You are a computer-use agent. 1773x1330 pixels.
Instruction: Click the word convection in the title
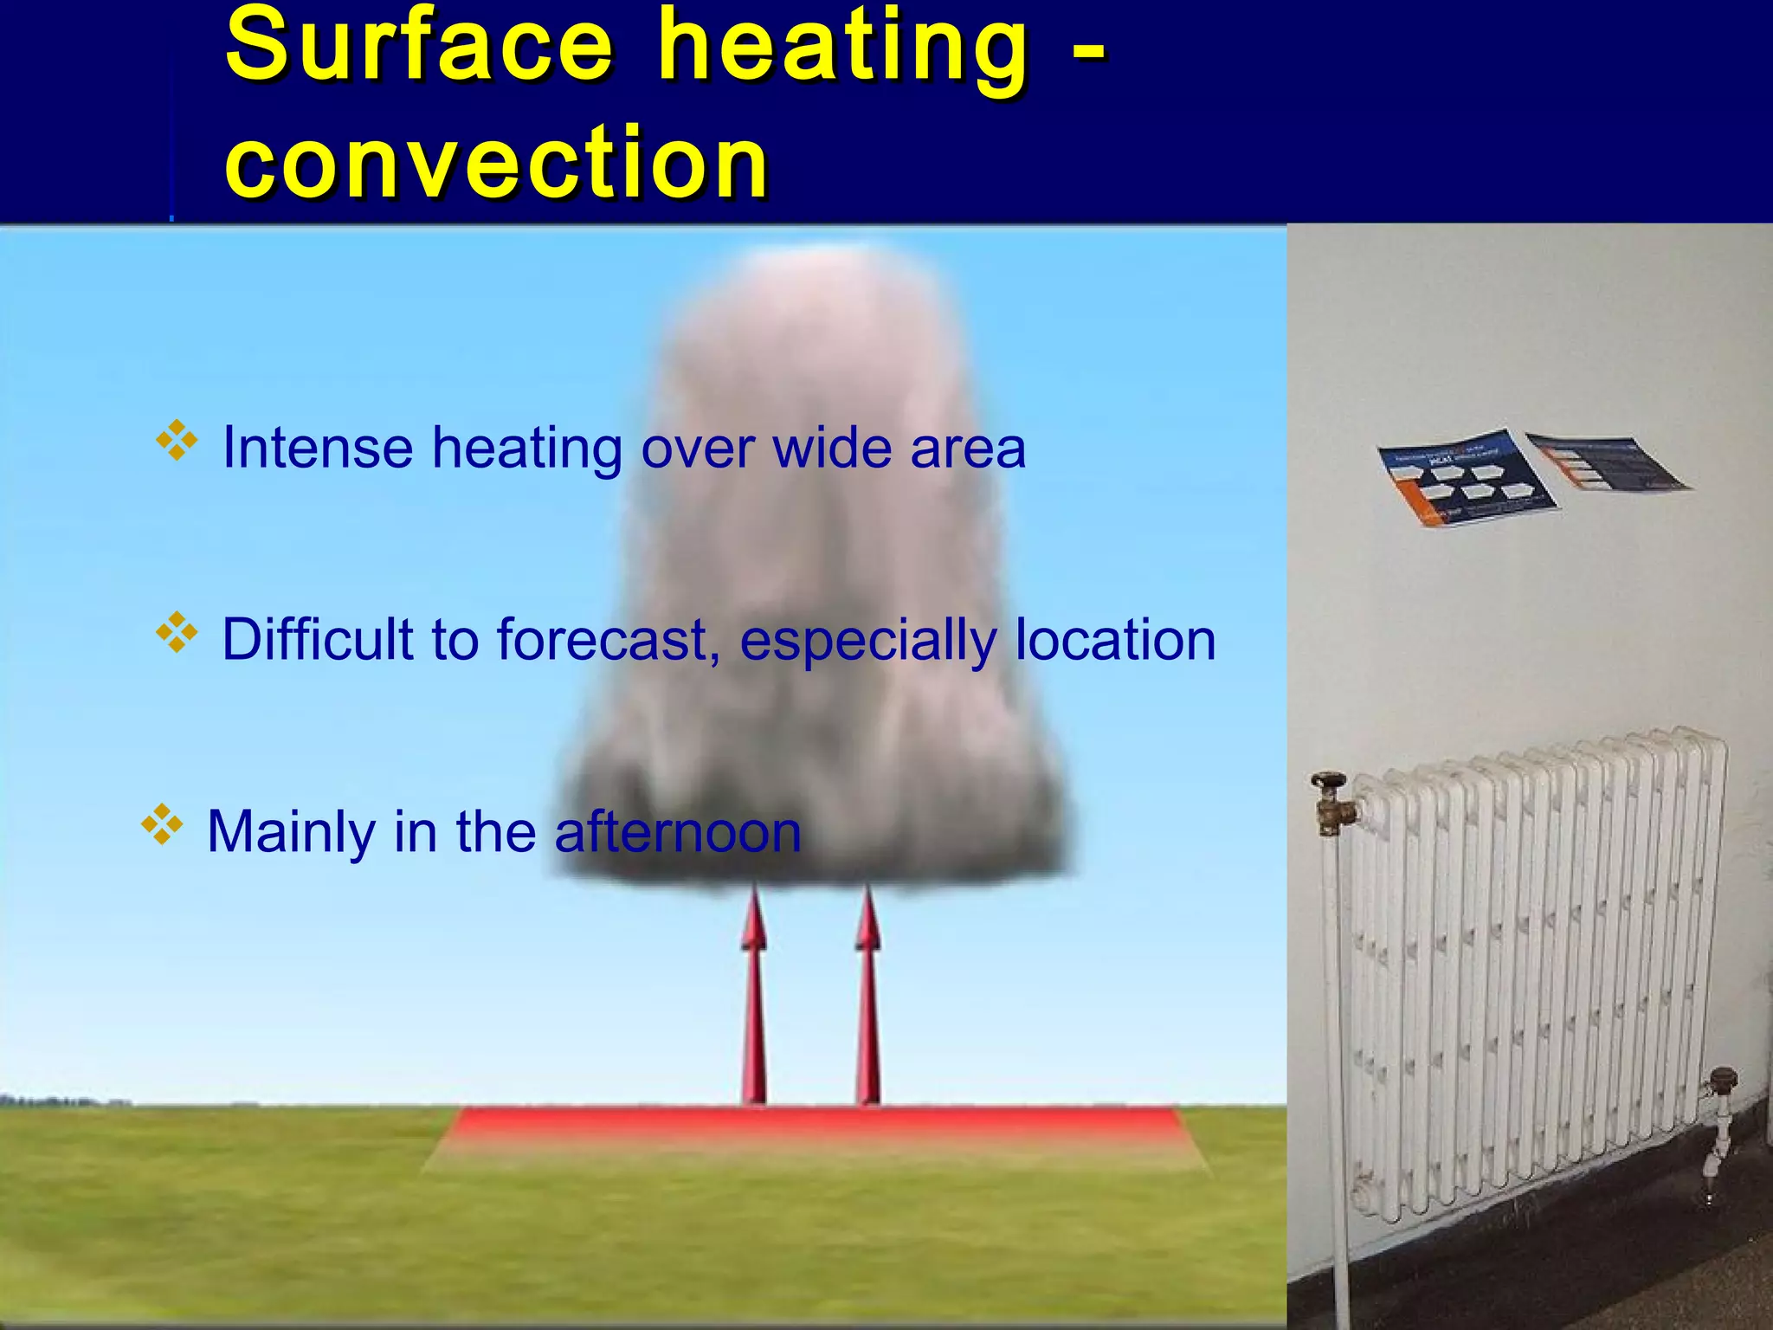click(x=497, y=162)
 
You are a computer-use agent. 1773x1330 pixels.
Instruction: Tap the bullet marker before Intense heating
click(x=176, y=441)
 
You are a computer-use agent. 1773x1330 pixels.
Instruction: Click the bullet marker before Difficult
click(x=176, y=633)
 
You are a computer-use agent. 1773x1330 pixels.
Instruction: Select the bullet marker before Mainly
click(x=162, y=824)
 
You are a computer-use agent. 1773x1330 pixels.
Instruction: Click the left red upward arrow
click(x=754, y=996)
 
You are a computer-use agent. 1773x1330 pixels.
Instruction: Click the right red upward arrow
click(x=867, y=996)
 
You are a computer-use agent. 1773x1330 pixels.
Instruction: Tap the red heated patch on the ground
click(x=814, y=1126)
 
